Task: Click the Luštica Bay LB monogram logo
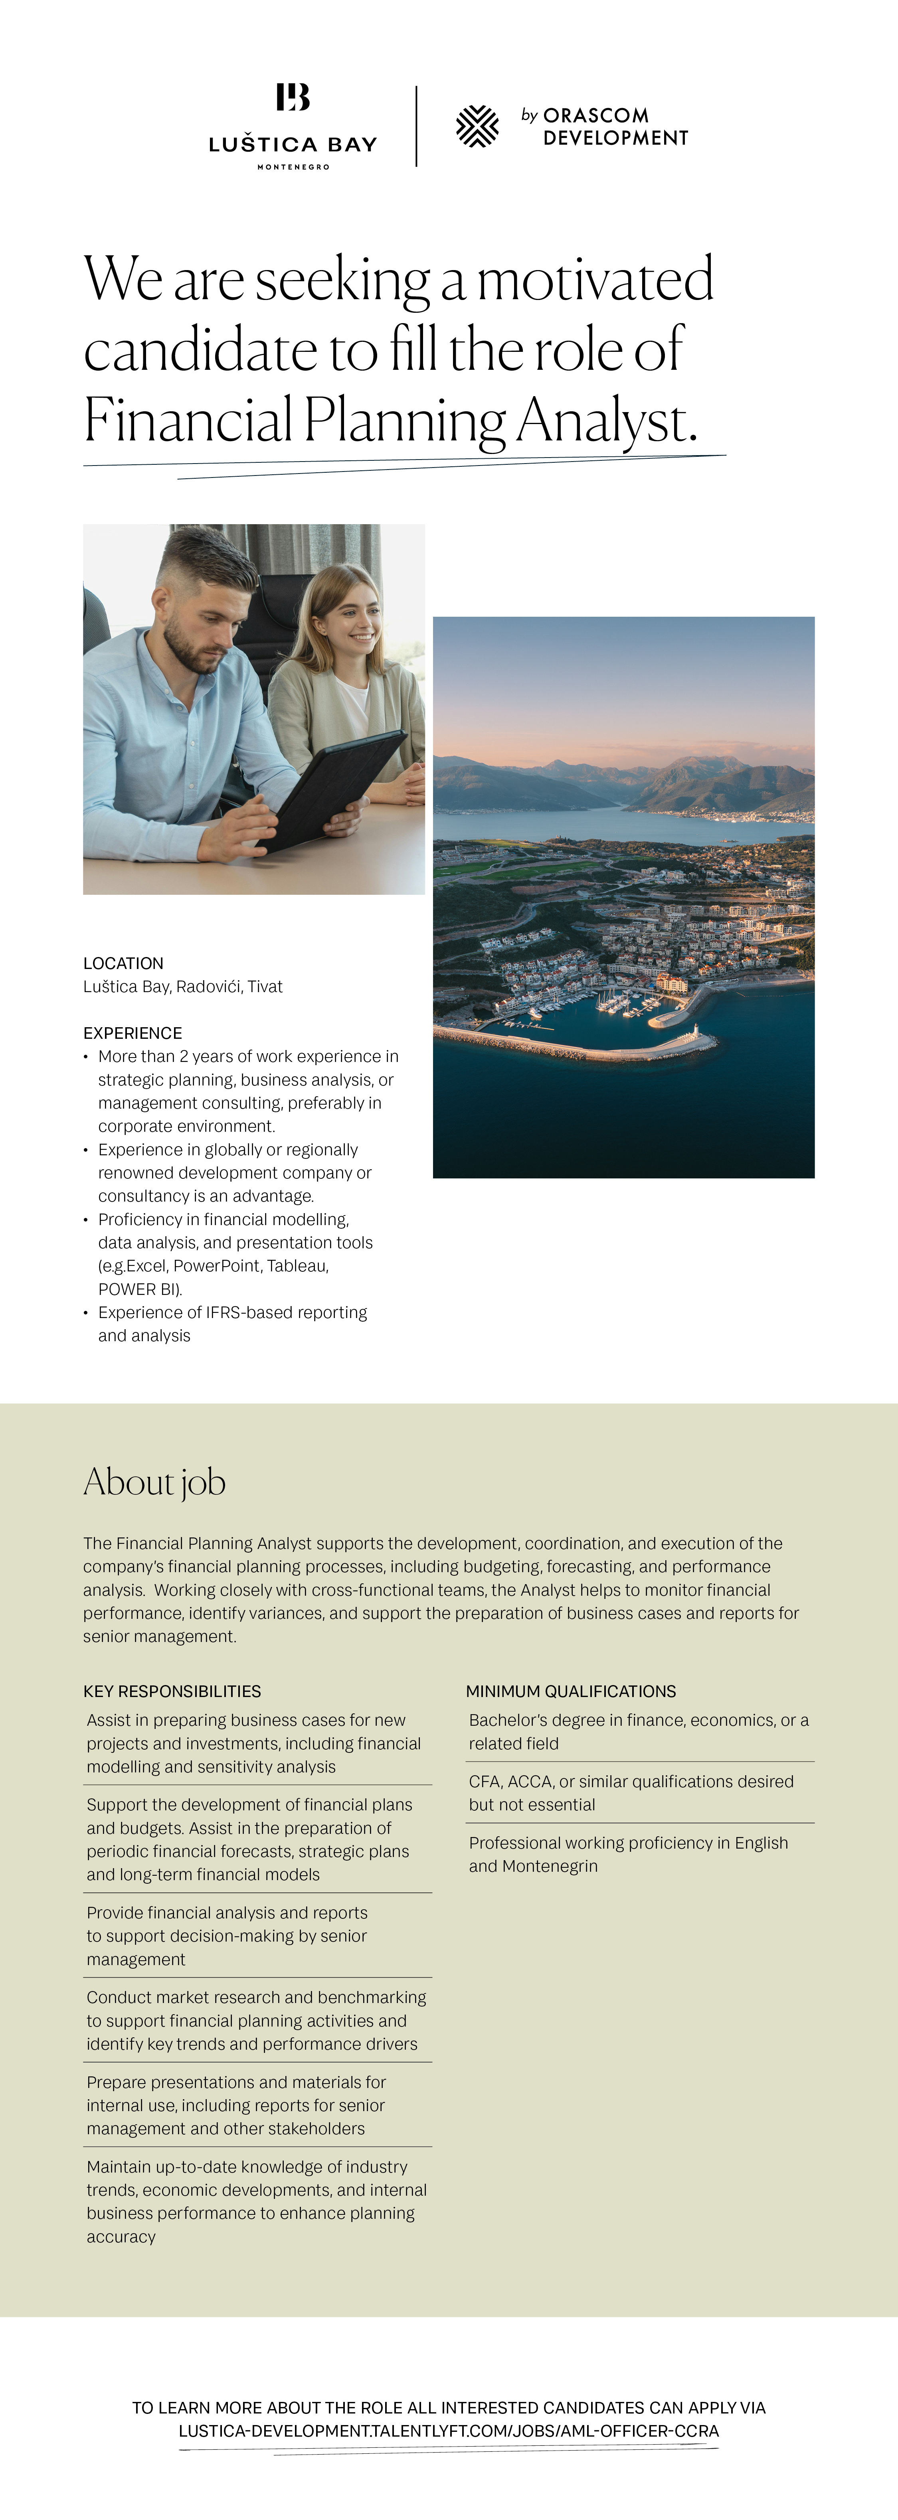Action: pyautogui.click(x=293, y=97)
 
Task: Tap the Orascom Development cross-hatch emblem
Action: pyautogui.click(x=477, y=126)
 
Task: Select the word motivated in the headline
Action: pyautogui.click(x=595, y=280)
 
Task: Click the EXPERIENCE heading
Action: pyautogui.click(x=132, y=1033)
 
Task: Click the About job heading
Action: pyautogui.click(x=154, y=1482)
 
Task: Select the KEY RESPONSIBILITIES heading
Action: pyautogui.click(x=172, y=1691)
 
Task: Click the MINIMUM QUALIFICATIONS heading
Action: pyautogui.click(x=570, y=1691)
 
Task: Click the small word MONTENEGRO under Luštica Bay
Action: pyautogui.click(x=293, y=167)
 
